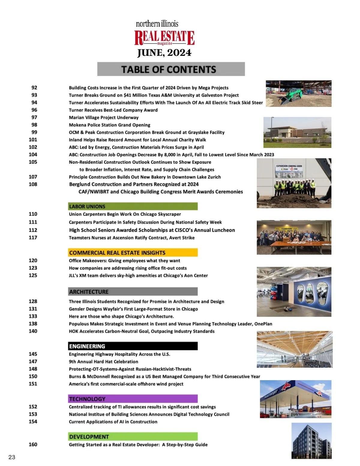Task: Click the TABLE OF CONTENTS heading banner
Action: coord(171,69)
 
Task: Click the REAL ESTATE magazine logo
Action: coord(164,38)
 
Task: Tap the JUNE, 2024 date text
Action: coord(164,53)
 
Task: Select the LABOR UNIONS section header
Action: coord(133,206)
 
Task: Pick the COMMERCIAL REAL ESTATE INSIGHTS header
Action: coord(133,253)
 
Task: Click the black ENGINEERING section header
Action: coord(133,346)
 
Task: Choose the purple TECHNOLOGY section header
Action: coord(133,399)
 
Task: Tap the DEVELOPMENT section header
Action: coord(133,437)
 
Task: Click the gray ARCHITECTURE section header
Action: coord(133,292)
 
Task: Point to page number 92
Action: coord(34,88)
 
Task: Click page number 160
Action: coord(33,444)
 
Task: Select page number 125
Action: coord(33,275)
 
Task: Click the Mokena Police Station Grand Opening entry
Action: coord(109,125)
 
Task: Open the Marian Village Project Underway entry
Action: coord(103,117)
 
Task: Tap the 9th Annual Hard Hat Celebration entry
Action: coord(103,362)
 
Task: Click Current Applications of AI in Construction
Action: coord(113,422)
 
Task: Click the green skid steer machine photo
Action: coord(298,93)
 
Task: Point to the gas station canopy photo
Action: coord(295,399)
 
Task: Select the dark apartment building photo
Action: coord(311,440)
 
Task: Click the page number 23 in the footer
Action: coord(12,457)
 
